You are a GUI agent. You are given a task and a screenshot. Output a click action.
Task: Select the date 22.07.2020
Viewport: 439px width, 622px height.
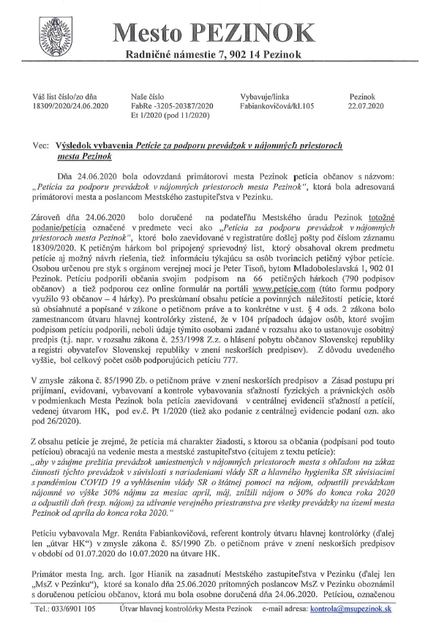(x=367, y=106)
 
